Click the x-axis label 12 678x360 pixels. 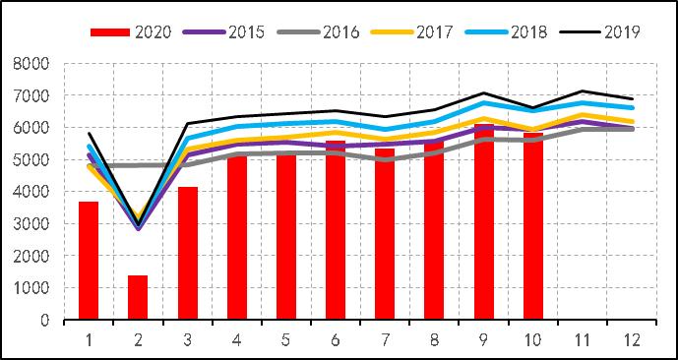point(631,338)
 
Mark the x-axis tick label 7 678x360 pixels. point(385,338)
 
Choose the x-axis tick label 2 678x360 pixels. point(138,338)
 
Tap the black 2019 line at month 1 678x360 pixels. point(89,134)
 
